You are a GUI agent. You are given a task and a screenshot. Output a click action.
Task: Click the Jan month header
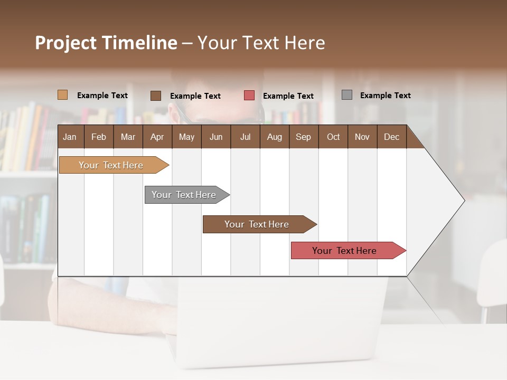(x=70, y=137)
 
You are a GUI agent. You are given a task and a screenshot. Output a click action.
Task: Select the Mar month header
(x=128, y=137)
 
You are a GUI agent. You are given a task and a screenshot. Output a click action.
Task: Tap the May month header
(x=186, y=137)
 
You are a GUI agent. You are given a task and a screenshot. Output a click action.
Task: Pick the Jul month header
(x=245, y=137)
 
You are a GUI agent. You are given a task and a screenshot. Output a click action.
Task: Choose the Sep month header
(x=303, y=137)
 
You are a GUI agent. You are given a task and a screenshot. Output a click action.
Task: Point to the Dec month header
(x=391, y=137)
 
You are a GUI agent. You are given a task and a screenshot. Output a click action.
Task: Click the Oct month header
(x=333, y=137)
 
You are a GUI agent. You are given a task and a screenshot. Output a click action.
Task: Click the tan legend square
(x=62, y=95)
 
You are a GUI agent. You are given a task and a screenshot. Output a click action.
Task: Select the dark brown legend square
(x=155, y=96)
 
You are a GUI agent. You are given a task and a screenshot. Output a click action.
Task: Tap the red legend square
(x=249, y=96)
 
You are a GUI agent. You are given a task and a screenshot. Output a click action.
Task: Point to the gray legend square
(x=346, y=95)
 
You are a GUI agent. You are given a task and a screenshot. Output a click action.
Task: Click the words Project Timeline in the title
(x=106, y=43)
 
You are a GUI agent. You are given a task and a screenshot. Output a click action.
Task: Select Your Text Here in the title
(x=261, y=43)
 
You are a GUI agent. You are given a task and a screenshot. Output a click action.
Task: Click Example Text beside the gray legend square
(x=385, y=95)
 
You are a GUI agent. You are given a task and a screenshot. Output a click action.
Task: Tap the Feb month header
(x=99, y=137)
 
